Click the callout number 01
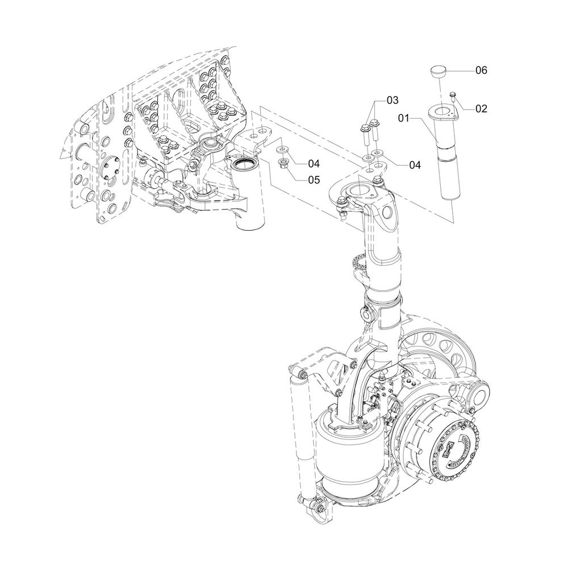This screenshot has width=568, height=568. click(403, 118)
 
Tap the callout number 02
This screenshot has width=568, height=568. click(482, 108)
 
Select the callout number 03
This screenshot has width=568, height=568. click(392, 100)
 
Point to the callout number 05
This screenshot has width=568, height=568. click(314, 179)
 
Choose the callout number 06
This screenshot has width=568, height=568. click(482, 70)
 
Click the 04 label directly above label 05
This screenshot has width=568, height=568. click(314, 164)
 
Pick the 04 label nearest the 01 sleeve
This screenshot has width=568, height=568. click(415, 165)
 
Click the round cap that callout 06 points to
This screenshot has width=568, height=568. click(438, 71)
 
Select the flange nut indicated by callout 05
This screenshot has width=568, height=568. click(282, 162)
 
